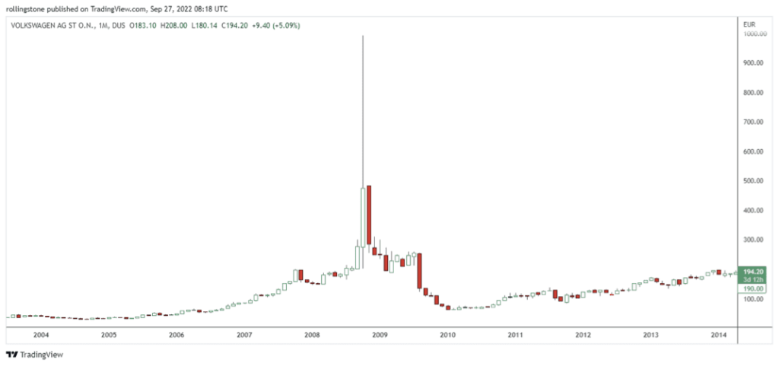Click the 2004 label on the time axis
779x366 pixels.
(40, 335)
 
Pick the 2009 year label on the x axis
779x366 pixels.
(380, 335)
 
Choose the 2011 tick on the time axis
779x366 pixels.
(515, 335)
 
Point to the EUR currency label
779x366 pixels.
(749, 25)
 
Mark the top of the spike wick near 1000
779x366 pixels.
(363, 36)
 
